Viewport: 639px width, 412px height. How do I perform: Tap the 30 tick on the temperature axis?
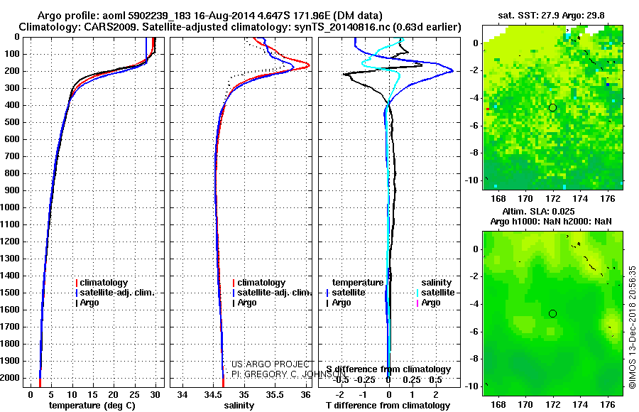pos(155,394)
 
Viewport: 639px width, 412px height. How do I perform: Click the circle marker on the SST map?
pos(552,107)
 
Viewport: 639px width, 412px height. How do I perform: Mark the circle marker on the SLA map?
pos(552,313)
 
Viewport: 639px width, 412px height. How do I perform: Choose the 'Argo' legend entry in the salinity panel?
pos(247,303)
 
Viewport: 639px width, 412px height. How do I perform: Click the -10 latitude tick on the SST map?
pos(474,180)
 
